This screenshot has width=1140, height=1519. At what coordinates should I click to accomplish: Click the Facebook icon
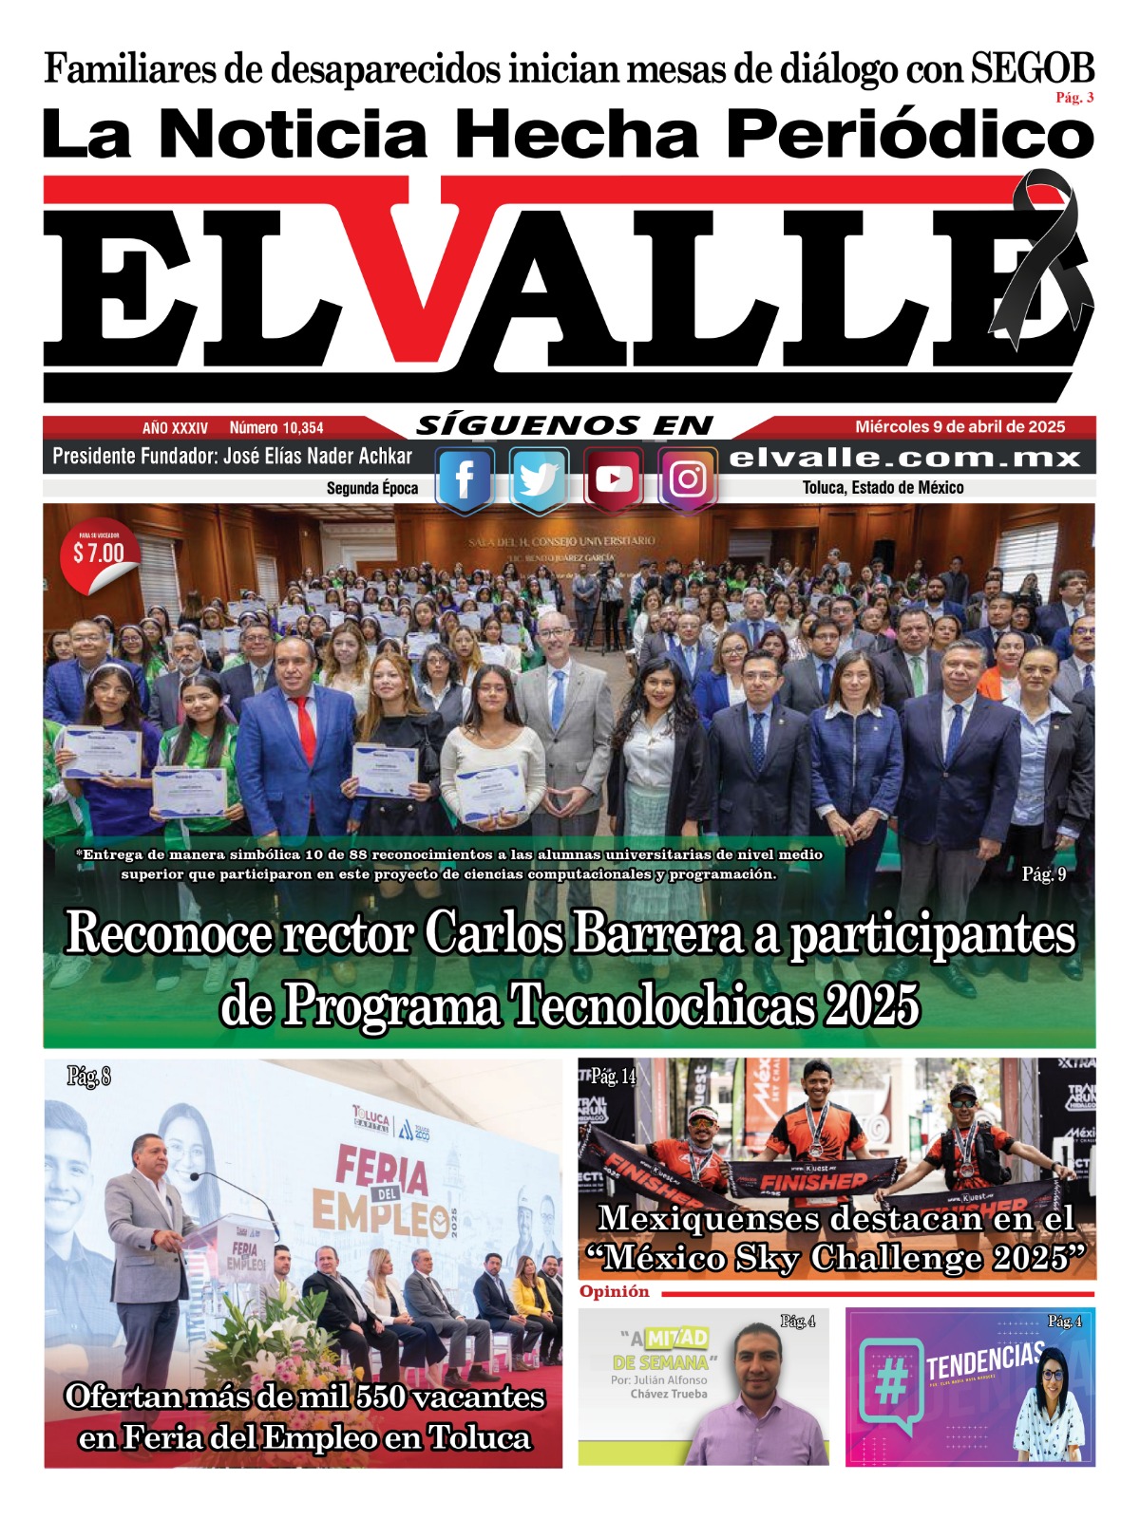point(465,480)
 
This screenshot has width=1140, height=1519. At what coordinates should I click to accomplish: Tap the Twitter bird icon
point(539,480)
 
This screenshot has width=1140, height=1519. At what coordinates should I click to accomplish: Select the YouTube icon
point(613,479)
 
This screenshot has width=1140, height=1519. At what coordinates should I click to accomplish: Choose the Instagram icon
point(688,479)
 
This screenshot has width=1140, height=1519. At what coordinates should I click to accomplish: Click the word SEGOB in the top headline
point(1033,69)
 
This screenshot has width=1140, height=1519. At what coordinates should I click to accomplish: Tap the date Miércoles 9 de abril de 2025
point(959,427)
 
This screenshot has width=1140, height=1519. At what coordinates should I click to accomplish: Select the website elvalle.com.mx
point(905,458)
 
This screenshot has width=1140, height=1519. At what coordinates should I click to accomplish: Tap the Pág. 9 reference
point(1043,874)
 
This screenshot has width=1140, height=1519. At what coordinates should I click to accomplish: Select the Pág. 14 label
point(613,1077)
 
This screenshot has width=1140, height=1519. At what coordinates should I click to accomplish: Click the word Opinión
point(615,1292)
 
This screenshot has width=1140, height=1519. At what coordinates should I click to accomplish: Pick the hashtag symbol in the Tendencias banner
point(890,1385)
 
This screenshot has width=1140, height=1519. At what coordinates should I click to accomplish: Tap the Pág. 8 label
point(88,1077)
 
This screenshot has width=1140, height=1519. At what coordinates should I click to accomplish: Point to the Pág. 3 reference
point(1074,98)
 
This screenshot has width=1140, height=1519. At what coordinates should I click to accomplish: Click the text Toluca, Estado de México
point(883,488)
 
